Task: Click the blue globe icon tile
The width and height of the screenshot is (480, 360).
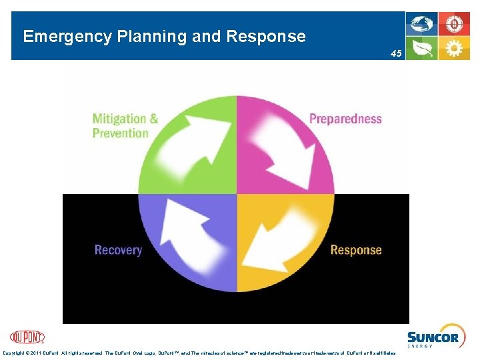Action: tap(422, 25)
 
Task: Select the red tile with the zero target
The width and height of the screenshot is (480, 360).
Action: tap(454, 25)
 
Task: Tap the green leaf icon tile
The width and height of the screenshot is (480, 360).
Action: tap(422, 49)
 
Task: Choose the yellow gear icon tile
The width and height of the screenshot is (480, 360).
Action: tap(454, 49)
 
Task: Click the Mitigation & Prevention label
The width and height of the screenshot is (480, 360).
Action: tap(125, 126)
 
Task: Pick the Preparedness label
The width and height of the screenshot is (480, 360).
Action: tap(345, 119)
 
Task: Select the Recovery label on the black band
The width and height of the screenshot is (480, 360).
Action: tap(118, 250)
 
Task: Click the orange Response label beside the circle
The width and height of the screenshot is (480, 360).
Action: tap(356, 250)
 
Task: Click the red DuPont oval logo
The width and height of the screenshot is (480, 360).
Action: tap(27, 337)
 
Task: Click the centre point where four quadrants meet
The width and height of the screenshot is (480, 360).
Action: tap(237, 194)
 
